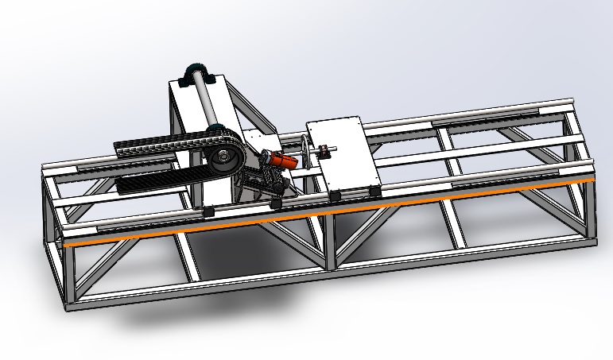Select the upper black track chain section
pos(151,147)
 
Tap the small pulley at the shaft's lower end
pos(215,130)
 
